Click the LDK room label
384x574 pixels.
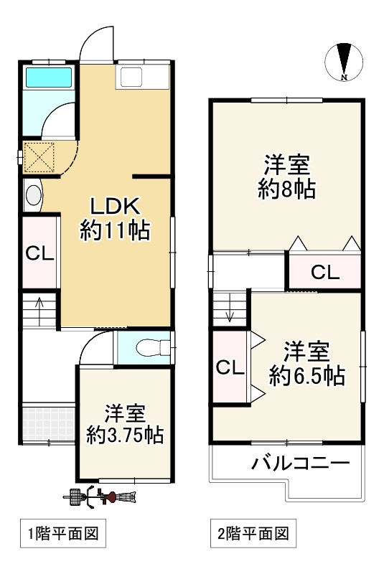[114, 205]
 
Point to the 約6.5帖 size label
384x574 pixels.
[306, 375]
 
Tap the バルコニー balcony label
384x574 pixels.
[300, 463]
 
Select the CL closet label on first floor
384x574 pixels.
[37, 254]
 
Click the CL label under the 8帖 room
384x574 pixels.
[324, 272]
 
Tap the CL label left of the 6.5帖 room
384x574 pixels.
[230, 368]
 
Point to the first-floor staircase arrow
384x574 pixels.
[40, 309]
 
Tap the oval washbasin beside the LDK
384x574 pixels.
[33, 194]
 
